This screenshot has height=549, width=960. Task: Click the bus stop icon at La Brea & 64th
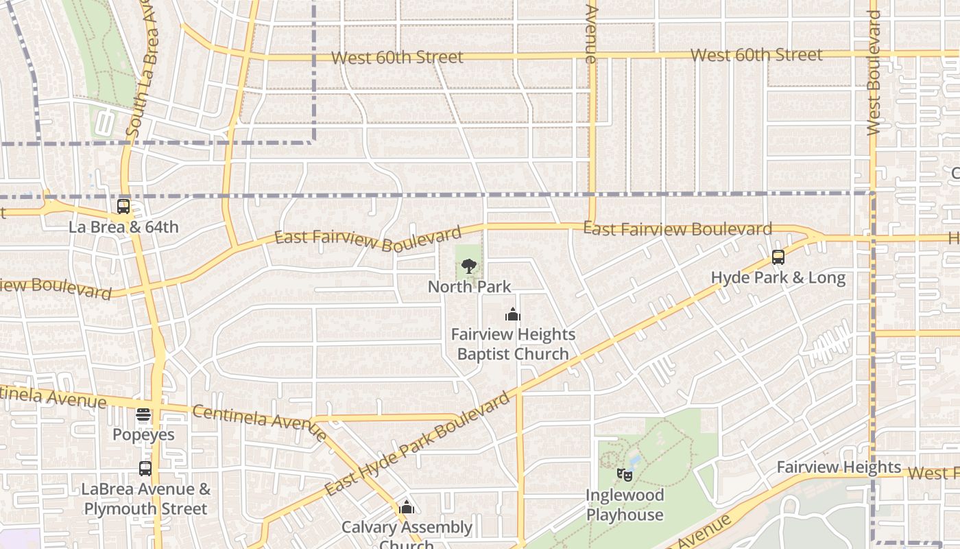[123, 206]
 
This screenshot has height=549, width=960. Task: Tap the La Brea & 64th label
[123, 226]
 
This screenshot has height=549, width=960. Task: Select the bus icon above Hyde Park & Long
[778, 257]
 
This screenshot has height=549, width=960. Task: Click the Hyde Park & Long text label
[778, 278]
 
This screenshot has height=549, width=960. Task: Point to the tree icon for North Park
[469, 266]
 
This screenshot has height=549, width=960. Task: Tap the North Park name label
[470, 286]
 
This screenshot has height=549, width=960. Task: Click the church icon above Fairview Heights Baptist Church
[513, 314]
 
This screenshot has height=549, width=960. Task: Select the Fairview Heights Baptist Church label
[513, 344]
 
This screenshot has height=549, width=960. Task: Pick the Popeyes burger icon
[143, 414]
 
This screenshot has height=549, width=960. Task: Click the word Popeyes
[143, 434]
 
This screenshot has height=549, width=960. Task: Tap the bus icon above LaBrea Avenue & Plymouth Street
[145, 469]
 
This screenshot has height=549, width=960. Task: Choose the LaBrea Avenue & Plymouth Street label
[145, 499]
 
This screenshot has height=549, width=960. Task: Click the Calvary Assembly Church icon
[407, 508]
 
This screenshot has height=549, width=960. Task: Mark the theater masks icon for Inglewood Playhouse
[624, 474]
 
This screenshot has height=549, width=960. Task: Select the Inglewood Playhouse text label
[625, 504]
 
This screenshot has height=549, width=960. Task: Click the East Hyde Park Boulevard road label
[418, 445]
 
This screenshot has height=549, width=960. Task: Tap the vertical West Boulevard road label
[874, 72]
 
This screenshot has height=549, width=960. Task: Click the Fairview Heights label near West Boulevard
[839, 467]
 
